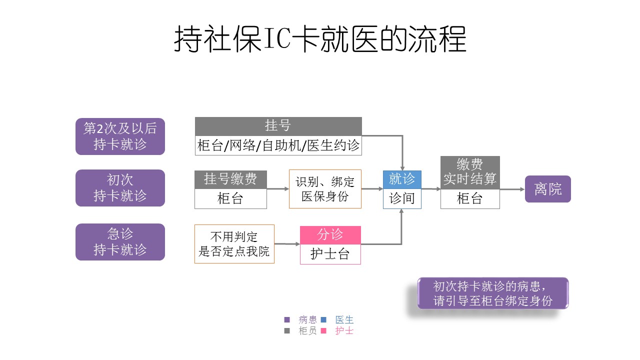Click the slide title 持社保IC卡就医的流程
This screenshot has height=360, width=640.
pos(320,39)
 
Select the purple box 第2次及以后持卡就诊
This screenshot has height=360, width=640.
pos(120,136)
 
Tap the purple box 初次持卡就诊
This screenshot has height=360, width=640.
pos(120,188)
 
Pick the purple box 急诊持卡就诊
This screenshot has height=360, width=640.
pos(120,242)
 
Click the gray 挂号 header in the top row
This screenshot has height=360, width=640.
pos(278,126)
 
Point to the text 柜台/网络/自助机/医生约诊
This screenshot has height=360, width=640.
pos(278,145)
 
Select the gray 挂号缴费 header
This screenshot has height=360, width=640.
pos(230,179)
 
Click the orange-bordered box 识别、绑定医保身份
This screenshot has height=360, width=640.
pos(325,189)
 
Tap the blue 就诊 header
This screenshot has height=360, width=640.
pos(402,179)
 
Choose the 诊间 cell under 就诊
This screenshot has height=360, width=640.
pos(402,198)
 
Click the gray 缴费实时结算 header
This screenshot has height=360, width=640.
pos(470,172)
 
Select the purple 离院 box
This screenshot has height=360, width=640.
pos(547,189)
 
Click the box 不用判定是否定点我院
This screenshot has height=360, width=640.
pos(234,244)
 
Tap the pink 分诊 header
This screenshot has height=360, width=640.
pos(330,235)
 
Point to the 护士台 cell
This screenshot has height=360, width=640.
pos(330,254)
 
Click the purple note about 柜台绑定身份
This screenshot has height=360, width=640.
pos(492,293)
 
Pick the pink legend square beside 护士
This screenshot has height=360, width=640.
pos(323,331)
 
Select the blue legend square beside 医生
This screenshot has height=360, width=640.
pos(323,320)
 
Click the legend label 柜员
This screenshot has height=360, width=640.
pos(307,331)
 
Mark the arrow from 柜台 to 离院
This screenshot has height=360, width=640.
pos(512,189)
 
